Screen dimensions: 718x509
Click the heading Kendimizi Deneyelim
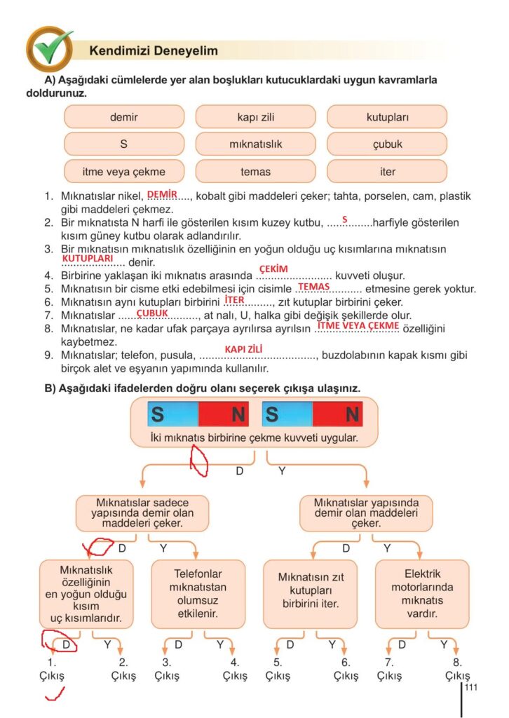click(x=154, y=51)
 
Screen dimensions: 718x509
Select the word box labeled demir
click(x=124, y=117)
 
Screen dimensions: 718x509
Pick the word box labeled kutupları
click(x=387, y=117)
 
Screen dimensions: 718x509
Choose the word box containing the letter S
click(x=124, y=144)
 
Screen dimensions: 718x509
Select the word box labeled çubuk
click(x=387, y=144)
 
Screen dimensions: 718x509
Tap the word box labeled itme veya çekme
click(x=124, y=172)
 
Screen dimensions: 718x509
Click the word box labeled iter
click(x=387, y=172)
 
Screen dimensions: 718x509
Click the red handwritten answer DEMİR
click(x=163, y=194)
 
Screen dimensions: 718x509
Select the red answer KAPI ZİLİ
click(x=243, y=348)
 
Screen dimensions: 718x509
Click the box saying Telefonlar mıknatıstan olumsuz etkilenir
click(x=198, y=593)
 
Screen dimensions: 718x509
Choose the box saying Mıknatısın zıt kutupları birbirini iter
click(x=310, y=593)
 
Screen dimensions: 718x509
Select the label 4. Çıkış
click(x=235, y=669)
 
